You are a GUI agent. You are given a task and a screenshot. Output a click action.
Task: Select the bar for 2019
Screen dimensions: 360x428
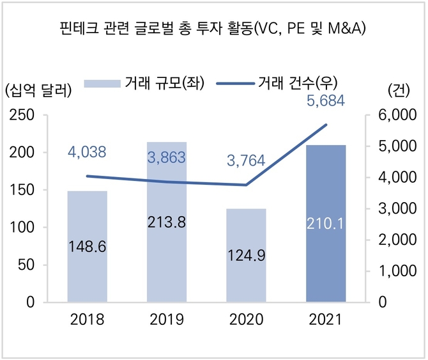[x=167, y=269]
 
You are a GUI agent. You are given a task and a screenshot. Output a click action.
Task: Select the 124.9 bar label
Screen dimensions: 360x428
[x=247, y=255]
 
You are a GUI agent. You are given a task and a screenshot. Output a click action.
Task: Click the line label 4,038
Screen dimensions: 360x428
[x=87, y=152]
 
